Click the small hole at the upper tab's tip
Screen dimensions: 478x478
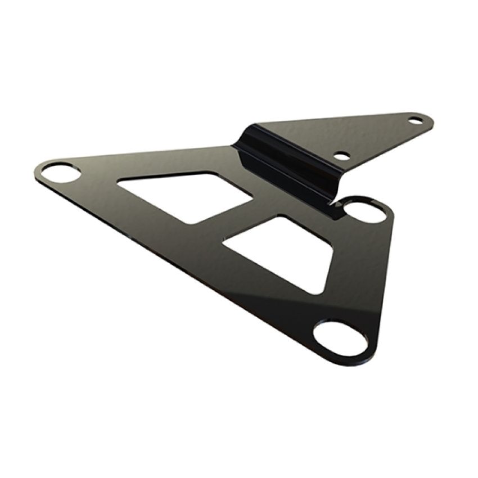(415, 120)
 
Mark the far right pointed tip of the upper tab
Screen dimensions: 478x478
(433, 120)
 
